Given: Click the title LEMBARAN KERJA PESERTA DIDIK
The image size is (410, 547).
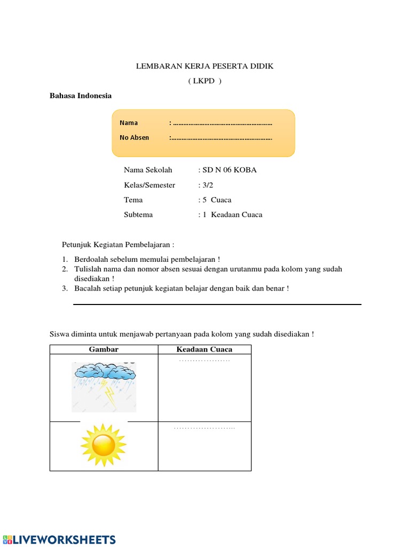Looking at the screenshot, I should (204, 66).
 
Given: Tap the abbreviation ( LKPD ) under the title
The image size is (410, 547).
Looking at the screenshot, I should (204, 81).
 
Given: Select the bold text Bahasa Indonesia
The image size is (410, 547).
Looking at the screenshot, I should (81, 96).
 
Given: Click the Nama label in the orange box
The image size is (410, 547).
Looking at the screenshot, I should (129, 123).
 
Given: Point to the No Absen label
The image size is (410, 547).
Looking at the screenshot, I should (135, 138).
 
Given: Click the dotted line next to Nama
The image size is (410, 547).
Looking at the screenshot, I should (222, 123).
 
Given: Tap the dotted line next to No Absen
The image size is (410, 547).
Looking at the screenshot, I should (222, 138).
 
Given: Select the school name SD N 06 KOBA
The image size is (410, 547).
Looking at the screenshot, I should (229, 170).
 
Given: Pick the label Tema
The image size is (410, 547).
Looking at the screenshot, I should (133, 200).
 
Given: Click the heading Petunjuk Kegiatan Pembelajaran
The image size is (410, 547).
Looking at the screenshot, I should (118, 245).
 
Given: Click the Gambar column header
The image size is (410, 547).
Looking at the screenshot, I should (104, 349).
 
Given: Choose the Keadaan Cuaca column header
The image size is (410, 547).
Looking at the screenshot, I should (204, 349).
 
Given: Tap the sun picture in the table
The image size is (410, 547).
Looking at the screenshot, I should (103, 445).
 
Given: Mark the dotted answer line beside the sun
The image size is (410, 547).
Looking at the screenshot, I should (204, 428).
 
